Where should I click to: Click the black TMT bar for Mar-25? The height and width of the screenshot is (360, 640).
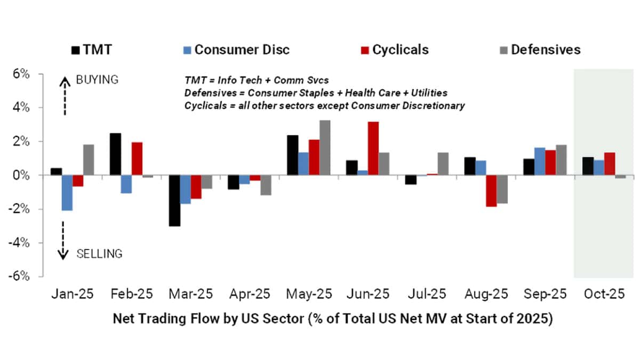[x=174, y=201]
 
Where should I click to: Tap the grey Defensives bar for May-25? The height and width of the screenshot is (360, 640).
[x=324, y=148]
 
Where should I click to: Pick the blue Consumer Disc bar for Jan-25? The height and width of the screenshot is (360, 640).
[x=67, y=193]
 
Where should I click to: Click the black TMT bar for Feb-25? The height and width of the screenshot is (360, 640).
[x=116, y=154]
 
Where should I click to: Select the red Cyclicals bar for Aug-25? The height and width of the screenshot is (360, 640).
[x=491, y=190]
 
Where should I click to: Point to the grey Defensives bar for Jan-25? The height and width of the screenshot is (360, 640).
[x=89, y=160]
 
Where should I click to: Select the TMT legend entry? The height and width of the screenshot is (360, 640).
[x=92, y=50]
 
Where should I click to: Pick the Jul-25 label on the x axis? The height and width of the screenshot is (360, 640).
[x=426, y=293]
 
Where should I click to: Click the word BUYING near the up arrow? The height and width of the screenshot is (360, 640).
[x=97, y=79]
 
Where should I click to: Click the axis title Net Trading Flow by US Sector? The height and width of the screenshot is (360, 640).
[x=332, y=319]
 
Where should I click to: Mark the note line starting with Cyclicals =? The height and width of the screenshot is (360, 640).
[x=324, y=106]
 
